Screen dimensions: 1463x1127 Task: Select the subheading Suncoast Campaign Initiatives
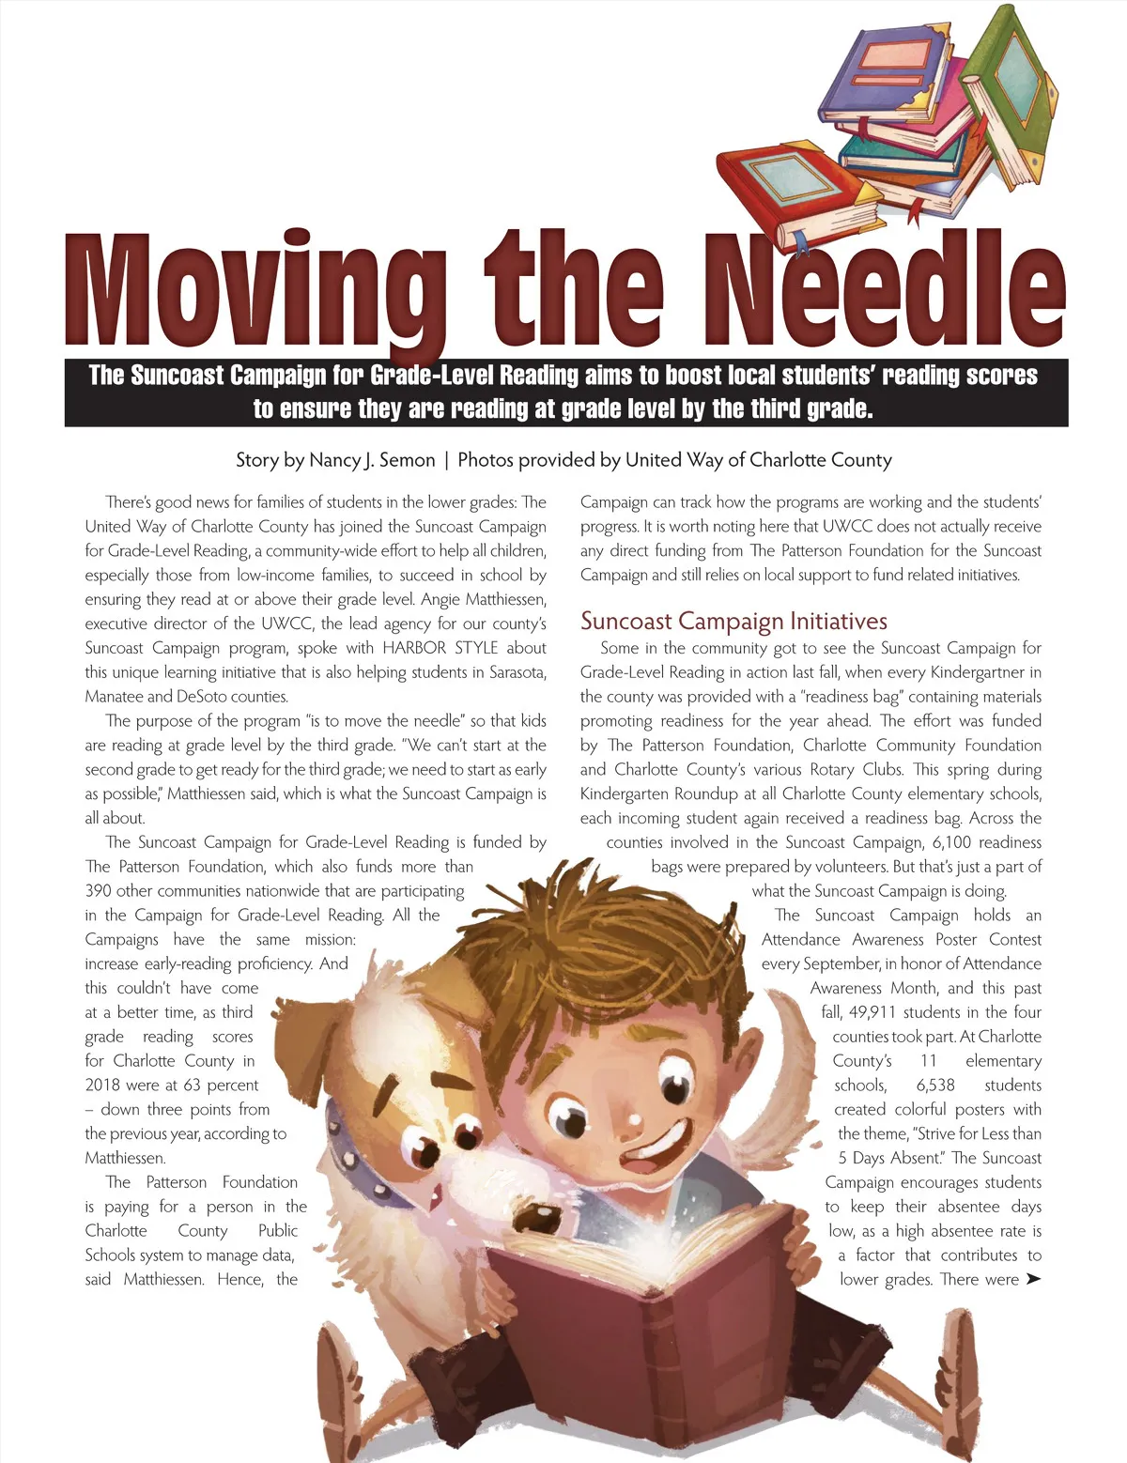[733, 621]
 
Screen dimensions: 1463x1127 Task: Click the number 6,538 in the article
[934, 1086]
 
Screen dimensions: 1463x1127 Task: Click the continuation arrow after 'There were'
[1033, 1279]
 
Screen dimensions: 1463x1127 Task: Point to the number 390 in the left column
[98, 891]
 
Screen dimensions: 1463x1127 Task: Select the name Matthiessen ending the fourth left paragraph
[125, 1159]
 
